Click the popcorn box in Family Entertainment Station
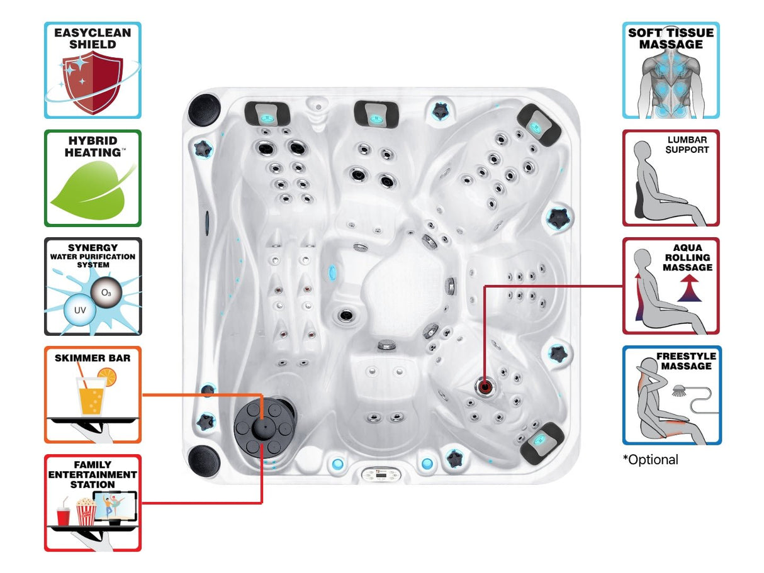(86, 513)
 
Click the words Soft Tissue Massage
(671, 38)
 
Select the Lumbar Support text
(687, 145)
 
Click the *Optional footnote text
(651, 460)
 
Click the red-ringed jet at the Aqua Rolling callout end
(485, 386)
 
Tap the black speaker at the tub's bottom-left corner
(203, 461)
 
